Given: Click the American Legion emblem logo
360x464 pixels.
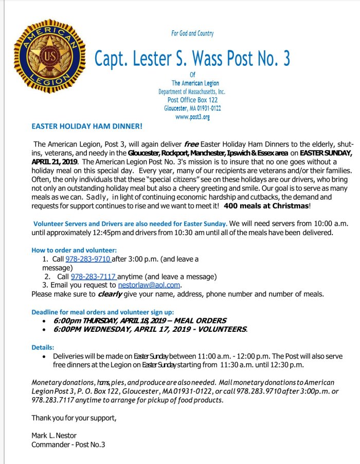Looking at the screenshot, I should pos(47,57).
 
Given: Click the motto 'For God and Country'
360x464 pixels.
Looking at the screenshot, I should pos(192,33).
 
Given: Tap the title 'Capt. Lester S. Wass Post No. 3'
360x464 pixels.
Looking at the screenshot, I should pos(192,59).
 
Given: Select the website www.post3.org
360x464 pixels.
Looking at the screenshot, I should pos(192,117).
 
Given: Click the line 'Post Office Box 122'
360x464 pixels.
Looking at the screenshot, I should pos(192,100).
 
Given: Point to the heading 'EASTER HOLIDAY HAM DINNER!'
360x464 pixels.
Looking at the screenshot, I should pos(87,126).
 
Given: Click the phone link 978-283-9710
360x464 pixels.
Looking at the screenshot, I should pos(88,259).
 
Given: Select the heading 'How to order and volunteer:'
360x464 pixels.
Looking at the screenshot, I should pos(74,249).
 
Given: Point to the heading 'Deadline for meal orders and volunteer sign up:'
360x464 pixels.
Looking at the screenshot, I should pos(103,312).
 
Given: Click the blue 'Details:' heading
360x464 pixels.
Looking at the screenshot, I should pos(43,347).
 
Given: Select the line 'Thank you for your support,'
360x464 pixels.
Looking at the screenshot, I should pos(74,417).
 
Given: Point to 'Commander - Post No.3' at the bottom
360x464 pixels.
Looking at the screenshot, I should pos(68,444).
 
